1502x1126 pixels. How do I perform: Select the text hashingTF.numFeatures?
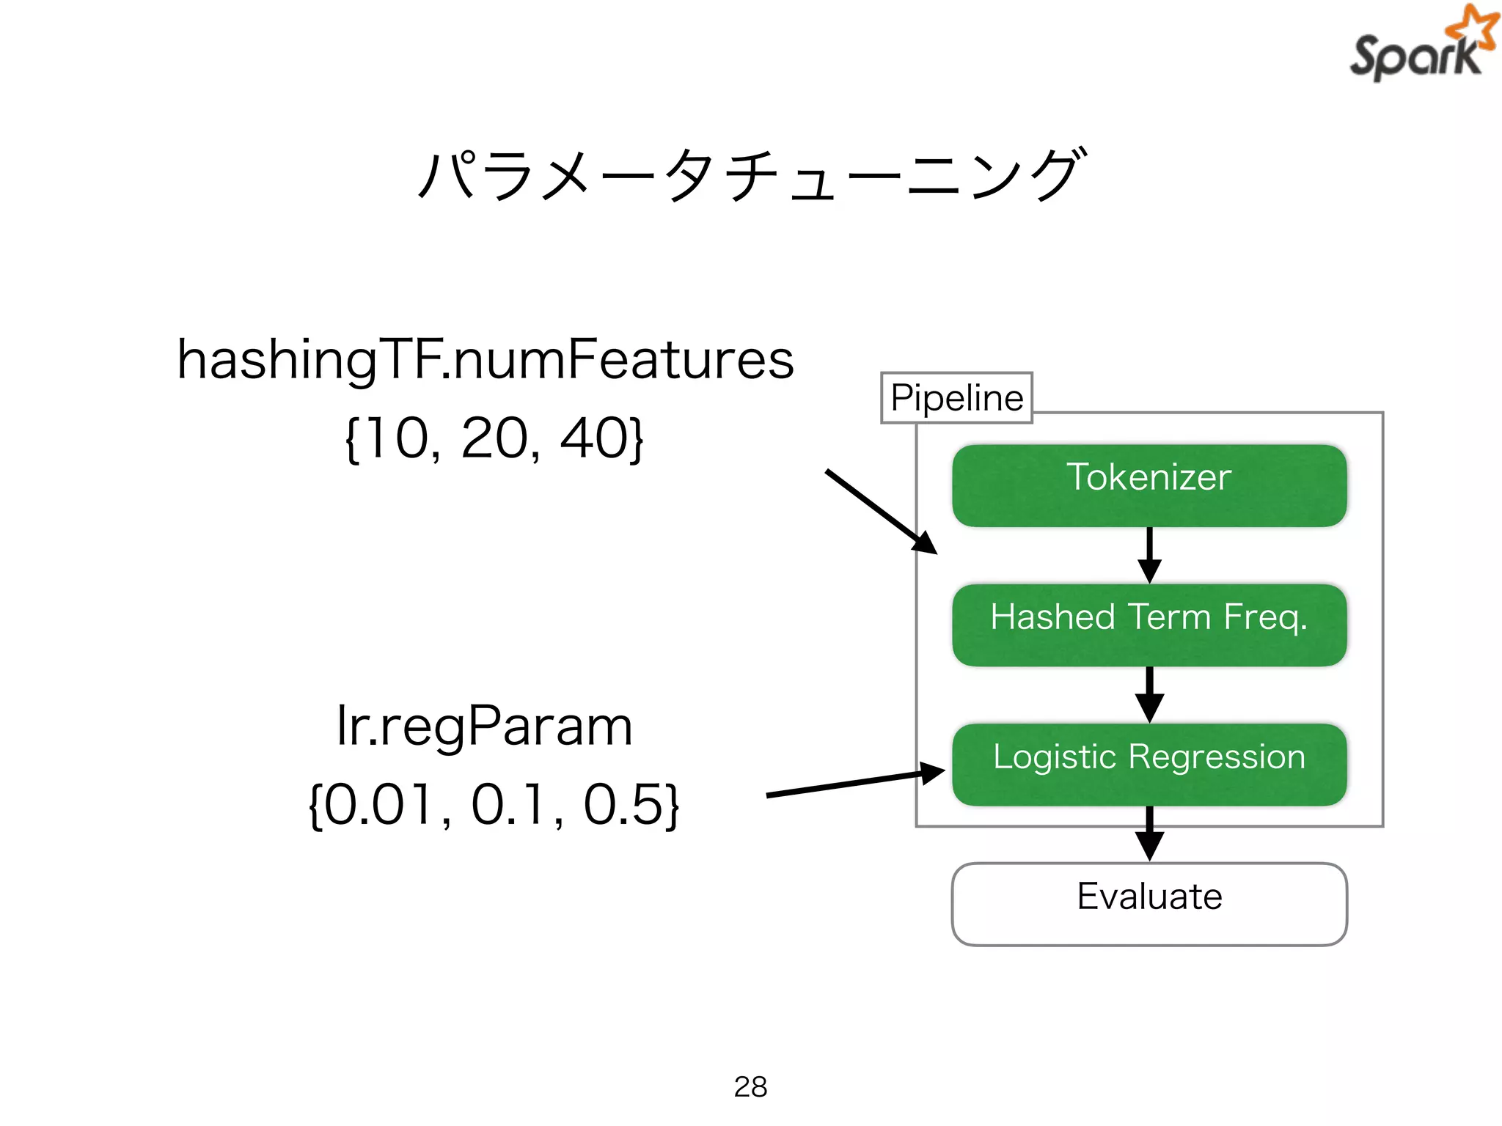[x=486, y=359]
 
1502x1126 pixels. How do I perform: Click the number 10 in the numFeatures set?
[x=398, y=438]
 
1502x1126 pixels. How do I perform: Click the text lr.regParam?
[x=484, y=726]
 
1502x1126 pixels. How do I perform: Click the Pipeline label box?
[x=956, y=397]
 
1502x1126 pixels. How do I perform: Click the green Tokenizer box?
[x=1149, y=485]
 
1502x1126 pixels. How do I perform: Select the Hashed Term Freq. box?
[x=1149, y=625]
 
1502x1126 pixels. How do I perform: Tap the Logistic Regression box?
[x=1149, y=764]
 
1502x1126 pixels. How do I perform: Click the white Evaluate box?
[x=1149, y=903]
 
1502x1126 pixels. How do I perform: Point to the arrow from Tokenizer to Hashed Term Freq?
[x=1149, y=555]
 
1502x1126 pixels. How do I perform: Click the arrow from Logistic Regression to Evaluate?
[x=1149, y=834]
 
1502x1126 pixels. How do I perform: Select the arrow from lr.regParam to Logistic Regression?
[x=854, y=784]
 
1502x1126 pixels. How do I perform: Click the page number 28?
[x=750, y=1086]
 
